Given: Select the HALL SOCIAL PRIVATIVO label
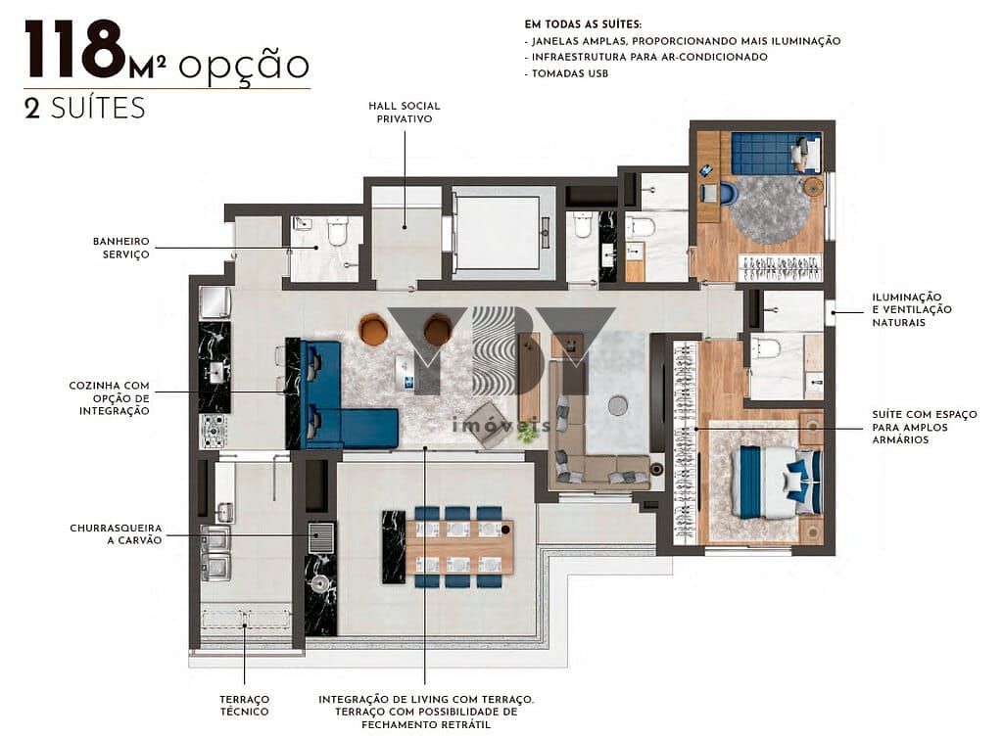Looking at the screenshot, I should tap(405, 112).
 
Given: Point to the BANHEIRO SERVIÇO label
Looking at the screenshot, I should tap(120, 247).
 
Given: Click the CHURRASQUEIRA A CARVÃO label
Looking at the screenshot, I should tap(116, 533).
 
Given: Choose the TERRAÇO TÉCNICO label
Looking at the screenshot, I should tap(244, 705).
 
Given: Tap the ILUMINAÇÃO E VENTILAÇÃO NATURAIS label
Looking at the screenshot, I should tap(906, 309).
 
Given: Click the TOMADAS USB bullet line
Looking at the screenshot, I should tap(567, 73).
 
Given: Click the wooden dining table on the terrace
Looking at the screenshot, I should tap(459, 546).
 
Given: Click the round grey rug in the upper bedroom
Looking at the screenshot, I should tap(769, 208).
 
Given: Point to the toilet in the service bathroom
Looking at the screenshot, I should tap(338, 231).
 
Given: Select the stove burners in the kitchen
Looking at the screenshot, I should tap(214, 430).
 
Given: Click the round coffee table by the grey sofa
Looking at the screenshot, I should tap(617, 405).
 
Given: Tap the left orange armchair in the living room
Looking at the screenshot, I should tap(373, 330).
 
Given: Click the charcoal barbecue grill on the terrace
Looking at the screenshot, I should tap(320, 537).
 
